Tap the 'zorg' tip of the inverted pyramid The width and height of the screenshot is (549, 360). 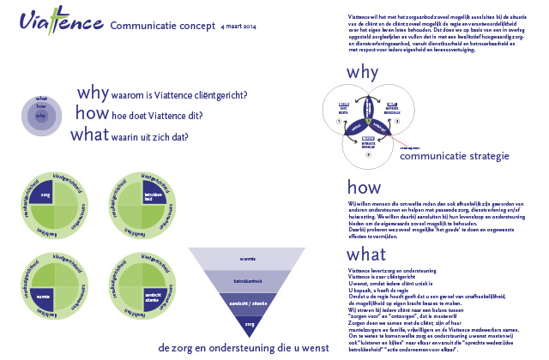click(249, 325)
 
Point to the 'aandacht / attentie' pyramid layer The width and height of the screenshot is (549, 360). click(249, 303)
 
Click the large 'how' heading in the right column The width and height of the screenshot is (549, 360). click(364, 188)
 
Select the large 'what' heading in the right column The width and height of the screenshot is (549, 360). click(366, 255)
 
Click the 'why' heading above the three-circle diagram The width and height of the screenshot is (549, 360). click(364, 72)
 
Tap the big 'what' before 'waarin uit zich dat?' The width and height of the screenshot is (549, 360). click(89, 135)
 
